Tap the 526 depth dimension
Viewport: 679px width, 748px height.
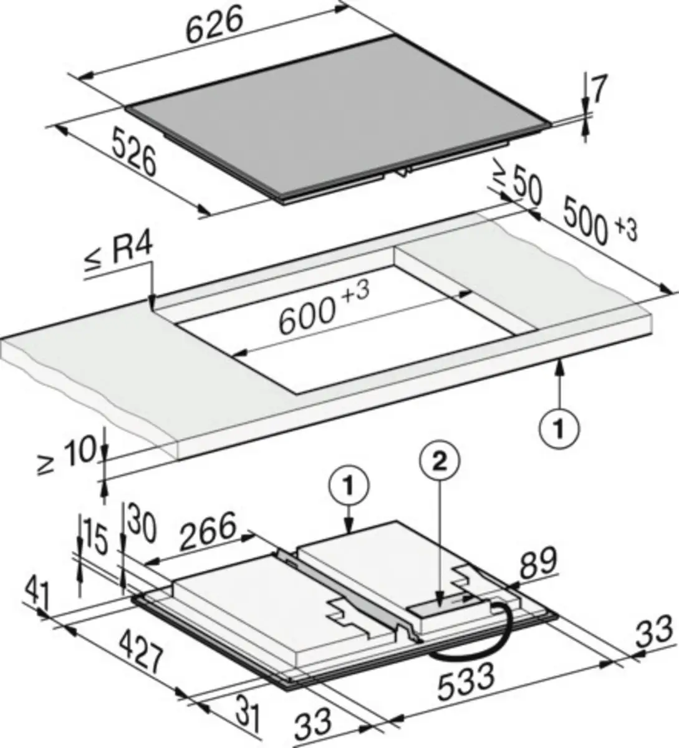[x=134, y=151]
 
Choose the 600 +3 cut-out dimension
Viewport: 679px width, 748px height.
[x=324, y=308]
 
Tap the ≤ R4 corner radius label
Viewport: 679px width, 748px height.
[x=118, y=254]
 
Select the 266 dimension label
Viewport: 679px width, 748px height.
[x=208, y=532]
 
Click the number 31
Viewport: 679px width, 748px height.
[x=248, y=713]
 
